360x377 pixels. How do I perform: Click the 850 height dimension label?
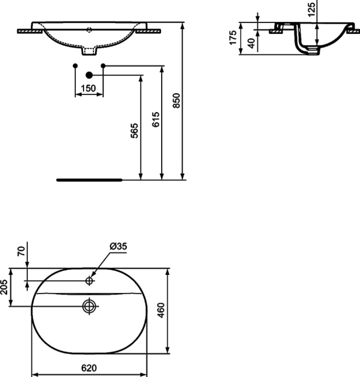coord(176,99)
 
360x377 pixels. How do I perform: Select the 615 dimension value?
coord(156,120)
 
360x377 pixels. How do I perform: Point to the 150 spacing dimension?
coord(88,88)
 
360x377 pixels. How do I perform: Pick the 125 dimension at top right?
coord(311,10)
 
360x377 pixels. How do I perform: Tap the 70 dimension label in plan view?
coord(21,251)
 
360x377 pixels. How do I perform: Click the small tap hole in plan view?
coord(89,281)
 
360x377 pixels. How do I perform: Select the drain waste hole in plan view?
coord(89,305)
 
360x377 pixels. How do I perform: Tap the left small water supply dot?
coord(75,66)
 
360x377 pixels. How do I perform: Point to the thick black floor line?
coord(90,179)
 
